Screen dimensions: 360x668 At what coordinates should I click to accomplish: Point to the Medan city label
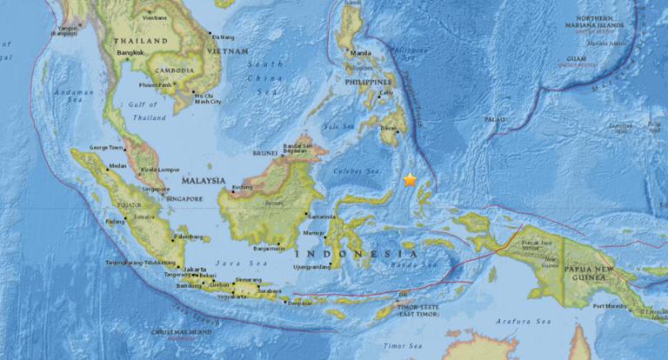118,166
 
